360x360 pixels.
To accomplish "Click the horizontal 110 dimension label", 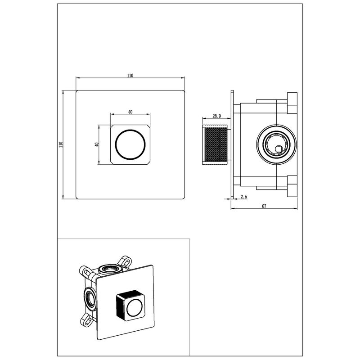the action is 130,76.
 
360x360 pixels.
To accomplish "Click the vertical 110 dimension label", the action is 61,144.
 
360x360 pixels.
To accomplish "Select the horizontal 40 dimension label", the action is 130,112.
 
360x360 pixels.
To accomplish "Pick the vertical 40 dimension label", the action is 97,144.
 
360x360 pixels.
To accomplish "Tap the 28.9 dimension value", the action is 216,116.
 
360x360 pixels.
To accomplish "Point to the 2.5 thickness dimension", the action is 244,197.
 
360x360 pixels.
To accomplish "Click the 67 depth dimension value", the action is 264,206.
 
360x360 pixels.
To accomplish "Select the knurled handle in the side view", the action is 215,144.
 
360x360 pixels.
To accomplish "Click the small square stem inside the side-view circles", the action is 279,149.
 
